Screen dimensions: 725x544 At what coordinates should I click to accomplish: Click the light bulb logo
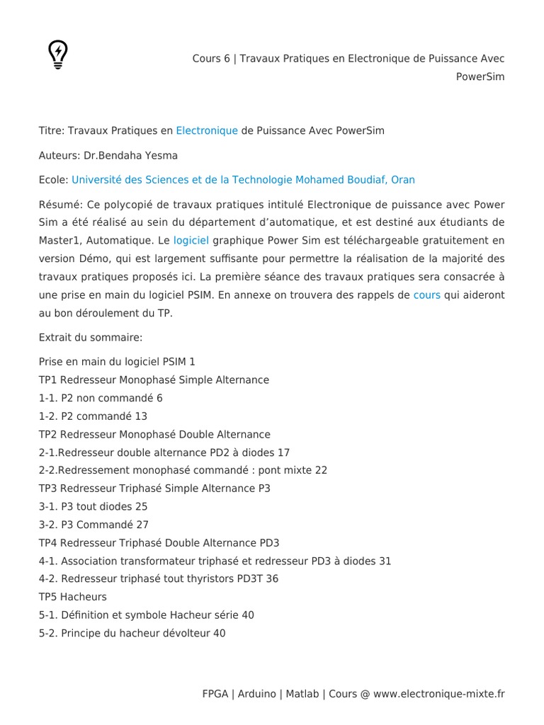pyautogui.click(x=58, y=55)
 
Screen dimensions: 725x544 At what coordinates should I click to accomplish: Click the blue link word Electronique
pyautogui.click(x=207, y=131)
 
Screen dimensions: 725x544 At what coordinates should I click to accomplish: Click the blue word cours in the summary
pyautogui.click(x=427, y=295)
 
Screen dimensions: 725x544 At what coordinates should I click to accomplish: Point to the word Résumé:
pyautogui.click(x=61, y=205)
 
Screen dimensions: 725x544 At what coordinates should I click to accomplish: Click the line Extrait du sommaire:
pyautogui.click(x=91, y=338)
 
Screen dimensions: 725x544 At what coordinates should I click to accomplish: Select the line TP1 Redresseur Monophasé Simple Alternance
pyautogui.click(x=154, y=380)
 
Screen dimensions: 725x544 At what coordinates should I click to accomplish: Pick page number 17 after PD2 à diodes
pyautogui.click(x=283, y=452)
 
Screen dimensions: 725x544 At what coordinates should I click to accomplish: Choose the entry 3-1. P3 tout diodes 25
pyautogui.click(x=93, y=507)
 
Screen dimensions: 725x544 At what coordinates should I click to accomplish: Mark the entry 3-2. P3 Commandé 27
pyautogui.click(x=93, y=525)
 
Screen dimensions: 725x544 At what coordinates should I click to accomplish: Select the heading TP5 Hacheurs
pyautogui.click(x=73, y=597)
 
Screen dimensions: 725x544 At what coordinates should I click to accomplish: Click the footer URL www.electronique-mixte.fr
pyautogui.click(x=438, y=694)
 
